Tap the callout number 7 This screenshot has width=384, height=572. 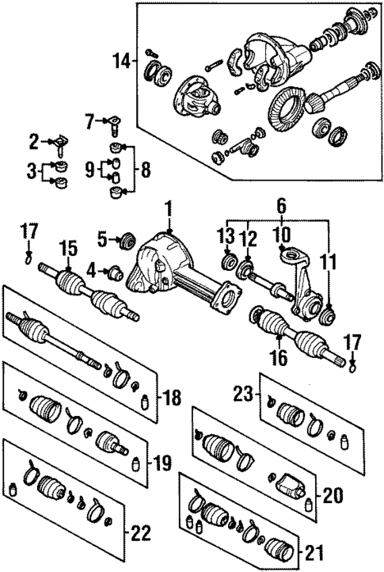coord(89,120)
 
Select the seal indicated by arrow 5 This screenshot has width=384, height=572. coord(124,238)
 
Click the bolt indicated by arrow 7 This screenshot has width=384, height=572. coord(117,123)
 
